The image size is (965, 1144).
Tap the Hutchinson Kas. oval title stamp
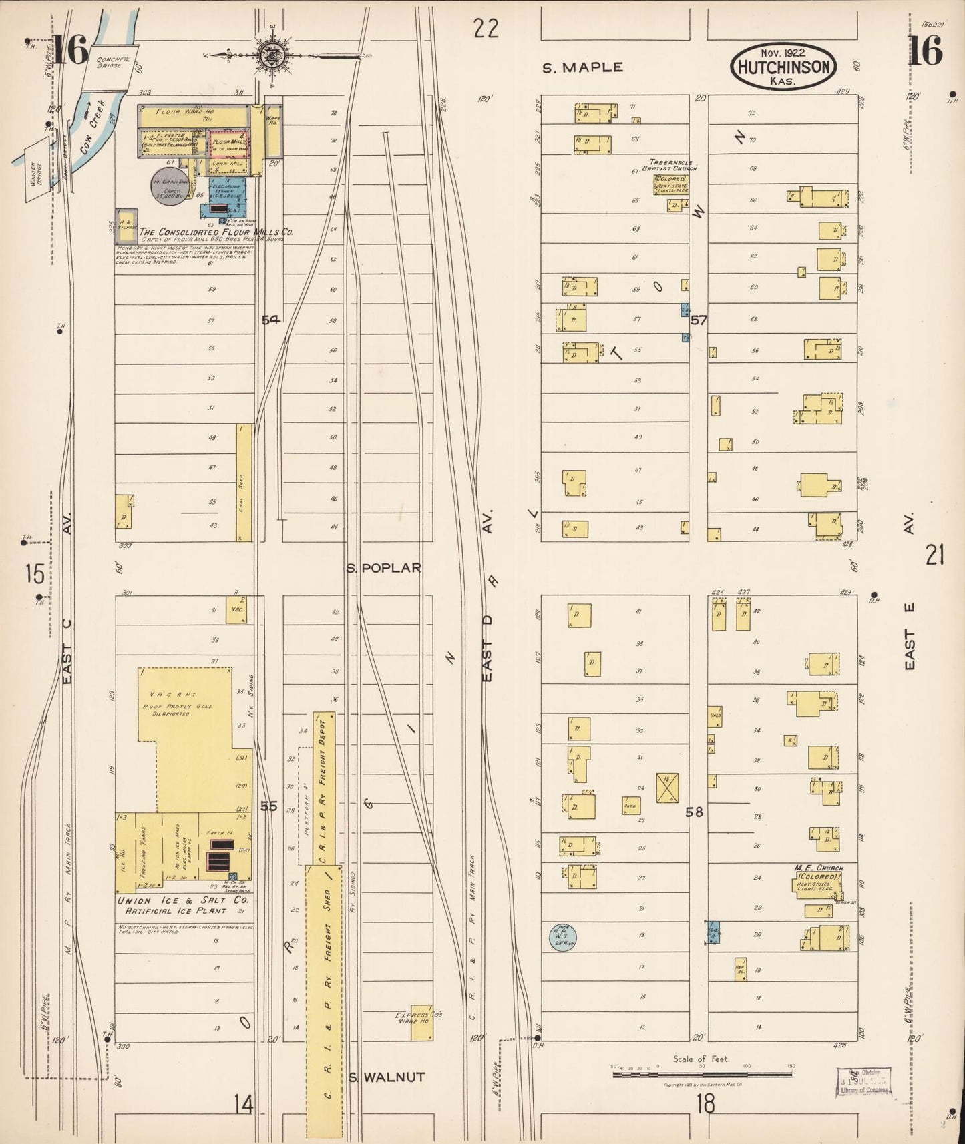click(783, 67)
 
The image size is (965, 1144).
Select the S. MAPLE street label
click(582, 67)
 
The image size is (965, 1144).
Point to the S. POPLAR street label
click(384, 568)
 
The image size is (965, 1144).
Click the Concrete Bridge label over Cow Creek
click(108, 62)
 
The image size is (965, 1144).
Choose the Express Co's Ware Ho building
click(421, 1022)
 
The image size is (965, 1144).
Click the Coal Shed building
click(244, 483)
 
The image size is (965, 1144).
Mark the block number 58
click(694, 812)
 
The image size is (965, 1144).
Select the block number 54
click(270, 320)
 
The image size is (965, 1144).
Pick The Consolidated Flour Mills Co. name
click(215, 232)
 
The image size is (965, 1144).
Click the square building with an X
click(666, 788)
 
